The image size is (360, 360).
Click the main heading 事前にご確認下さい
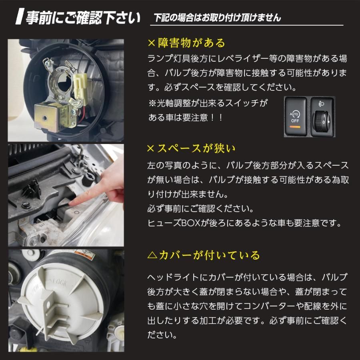[83, 18]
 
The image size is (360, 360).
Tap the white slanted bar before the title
[20, 16]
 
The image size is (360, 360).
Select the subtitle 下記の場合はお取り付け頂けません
[217, 18]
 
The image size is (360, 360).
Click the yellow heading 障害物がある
[191, 43]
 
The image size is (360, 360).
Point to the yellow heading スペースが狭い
[196, 148]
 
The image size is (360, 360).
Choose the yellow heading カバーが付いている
[209, 255]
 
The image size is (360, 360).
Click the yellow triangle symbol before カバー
[152, 256]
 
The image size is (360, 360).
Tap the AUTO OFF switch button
[296, 117]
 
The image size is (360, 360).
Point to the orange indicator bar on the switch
[295, 127]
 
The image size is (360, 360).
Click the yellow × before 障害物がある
[152, 43]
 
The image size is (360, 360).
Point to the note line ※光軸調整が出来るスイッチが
[208, 103]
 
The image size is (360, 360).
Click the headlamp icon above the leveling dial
[322, 104]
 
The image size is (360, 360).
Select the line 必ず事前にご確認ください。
[200, 209]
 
